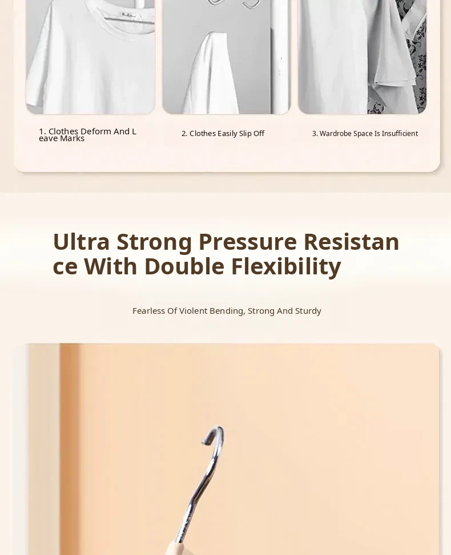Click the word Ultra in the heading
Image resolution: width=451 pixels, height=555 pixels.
tap(81, 242)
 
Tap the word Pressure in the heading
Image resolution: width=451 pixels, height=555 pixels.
tap(247, 242)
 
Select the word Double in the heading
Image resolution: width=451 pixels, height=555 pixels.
tap(184, 266)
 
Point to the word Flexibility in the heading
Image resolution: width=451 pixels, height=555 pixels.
tap(286, 267)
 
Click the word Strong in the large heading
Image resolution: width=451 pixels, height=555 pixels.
tap(154, 242)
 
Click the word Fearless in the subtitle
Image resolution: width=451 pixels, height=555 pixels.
tap(148, 311)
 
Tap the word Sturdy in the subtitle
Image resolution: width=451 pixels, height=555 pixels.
tap(308, 311)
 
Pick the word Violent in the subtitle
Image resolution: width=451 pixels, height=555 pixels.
tap(193, 311)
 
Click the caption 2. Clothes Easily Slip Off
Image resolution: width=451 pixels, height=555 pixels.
tap(223, 133)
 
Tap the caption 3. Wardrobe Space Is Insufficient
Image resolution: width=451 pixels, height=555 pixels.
tap(365, 133)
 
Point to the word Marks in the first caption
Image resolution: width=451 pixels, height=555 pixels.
tap(72, 139)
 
